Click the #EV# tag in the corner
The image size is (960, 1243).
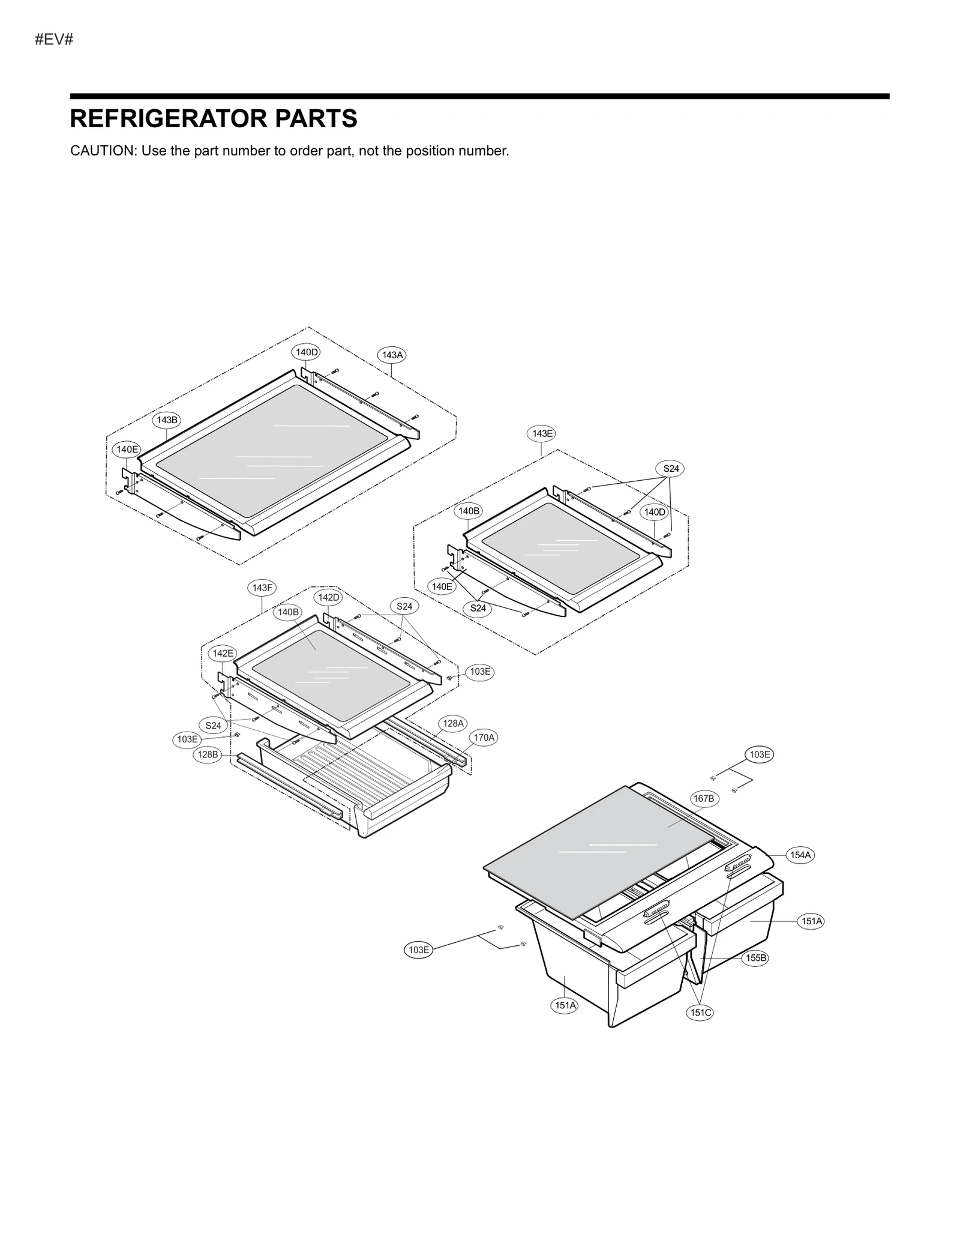click(54, 40)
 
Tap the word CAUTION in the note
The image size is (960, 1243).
click(103, 151)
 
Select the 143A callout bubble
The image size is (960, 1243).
click(392, 355)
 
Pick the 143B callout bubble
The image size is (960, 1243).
click(167, 420)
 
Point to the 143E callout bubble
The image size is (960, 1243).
click(542, 433)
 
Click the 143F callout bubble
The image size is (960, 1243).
click(262, 588)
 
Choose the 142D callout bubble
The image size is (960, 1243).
click(328, 597)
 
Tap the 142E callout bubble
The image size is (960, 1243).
click(223, 653)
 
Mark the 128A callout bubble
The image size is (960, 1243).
click(453, 723)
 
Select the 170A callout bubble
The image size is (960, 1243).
click(484, 737)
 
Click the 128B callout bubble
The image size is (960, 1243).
click(208, 754)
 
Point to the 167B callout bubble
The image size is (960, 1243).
click(703, 798)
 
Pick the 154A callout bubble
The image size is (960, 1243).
click(800, 855)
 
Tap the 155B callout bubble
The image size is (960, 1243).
click(755, 958)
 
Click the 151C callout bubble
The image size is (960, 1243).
click(700, 1013)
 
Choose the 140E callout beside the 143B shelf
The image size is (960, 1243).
click(127, 449)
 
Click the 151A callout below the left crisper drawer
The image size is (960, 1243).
click(565, 1005)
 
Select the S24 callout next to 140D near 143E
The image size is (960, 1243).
click(670, 469)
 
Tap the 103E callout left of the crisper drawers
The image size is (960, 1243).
click(418, 950)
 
